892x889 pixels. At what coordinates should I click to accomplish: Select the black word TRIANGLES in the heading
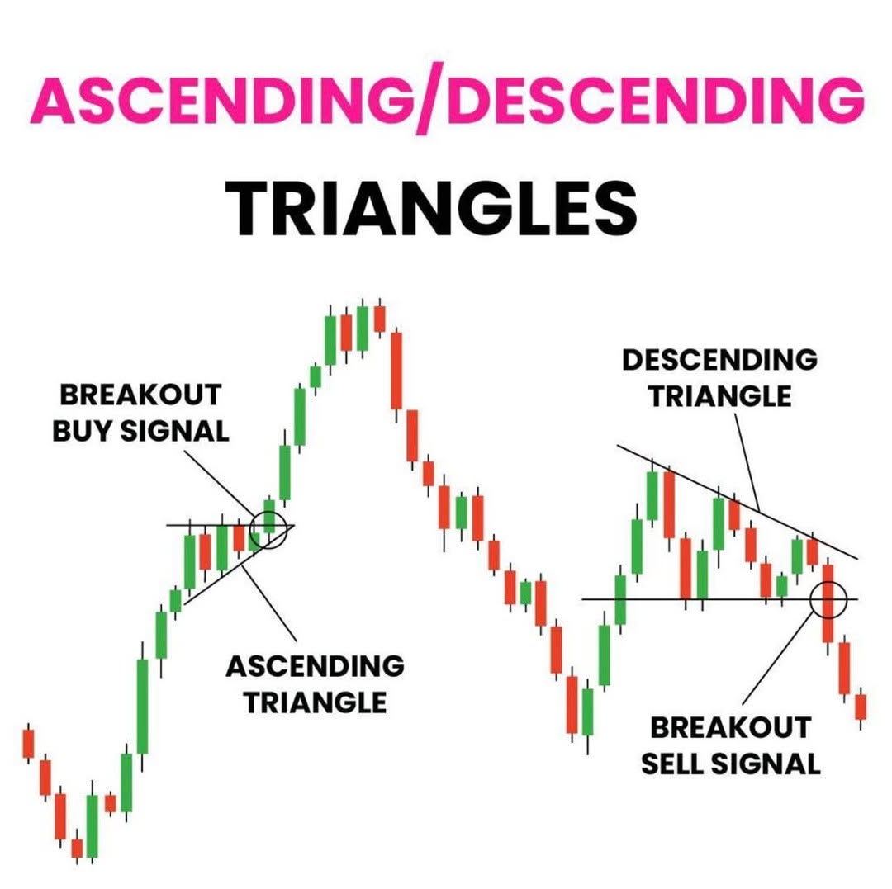pos(431,208)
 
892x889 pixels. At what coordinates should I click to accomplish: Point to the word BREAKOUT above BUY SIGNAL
pos(140,395)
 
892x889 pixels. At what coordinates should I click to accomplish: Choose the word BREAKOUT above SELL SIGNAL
pos(731,727)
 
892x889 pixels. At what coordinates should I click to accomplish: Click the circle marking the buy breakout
pos(269,512)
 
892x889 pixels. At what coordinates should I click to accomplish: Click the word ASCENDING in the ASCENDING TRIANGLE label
pos(316,666)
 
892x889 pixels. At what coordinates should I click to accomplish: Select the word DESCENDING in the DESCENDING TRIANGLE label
pos(719,360)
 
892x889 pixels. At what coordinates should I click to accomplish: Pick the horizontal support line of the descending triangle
pos(719,598)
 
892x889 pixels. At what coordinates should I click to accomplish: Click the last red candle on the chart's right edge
pos(861,707)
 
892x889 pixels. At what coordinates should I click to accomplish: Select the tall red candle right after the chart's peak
pos(396,371)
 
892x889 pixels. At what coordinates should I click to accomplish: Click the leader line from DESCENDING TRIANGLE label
pos(747,462)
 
